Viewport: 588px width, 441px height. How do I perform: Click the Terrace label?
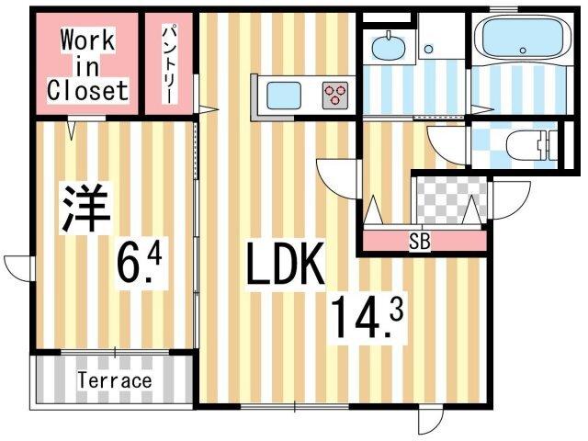point(114,379)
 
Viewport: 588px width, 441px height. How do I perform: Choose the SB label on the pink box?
point(420,242)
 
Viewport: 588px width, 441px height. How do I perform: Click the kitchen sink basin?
point(282,94)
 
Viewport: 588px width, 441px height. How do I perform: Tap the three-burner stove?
point(335,94)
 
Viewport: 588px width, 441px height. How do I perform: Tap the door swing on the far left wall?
point(18,267)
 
